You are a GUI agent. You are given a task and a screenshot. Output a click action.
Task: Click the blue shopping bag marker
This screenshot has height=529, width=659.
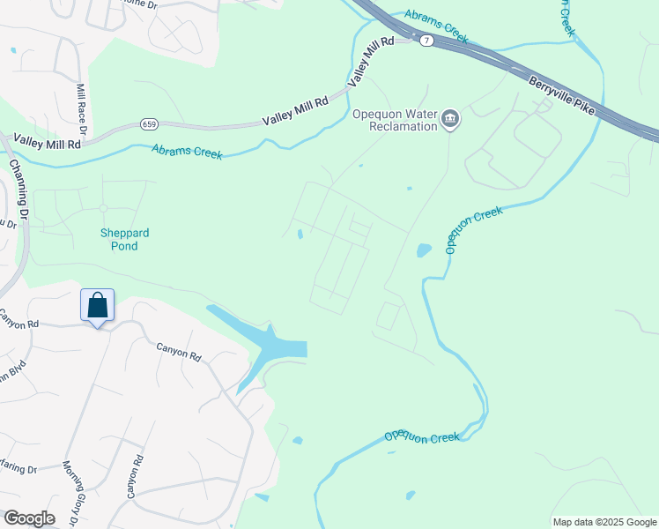[98, 306]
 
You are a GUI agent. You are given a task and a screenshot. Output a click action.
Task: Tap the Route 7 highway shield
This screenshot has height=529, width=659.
[426, 41]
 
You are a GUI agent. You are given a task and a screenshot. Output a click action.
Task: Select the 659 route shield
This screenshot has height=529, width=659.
[148, 126]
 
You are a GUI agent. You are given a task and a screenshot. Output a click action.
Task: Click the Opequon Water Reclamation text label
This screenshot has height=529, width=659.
[395, 120]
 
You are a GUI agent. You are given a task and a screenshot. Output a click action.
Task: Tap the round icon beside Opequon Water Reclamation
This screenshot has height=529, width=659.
[450, 119]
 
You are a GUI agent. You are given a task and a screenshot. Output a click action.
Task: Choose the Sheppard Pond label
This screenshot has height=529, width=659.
[123, 239]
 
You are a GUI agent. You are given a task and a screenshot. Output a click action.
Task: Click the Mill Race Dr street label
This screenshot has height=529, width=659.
[82, 108]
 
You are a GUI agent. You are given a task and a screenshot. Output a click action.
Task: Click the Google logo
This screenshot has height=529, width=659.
[28, 518]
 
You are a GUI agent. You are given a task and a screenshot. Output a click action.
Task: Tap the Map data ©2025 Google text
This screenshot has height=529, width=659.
[603, 522]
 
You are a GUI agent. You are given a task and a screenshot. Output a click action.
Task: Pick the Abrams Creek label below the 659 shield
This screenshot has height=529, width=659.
[187, 152]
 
